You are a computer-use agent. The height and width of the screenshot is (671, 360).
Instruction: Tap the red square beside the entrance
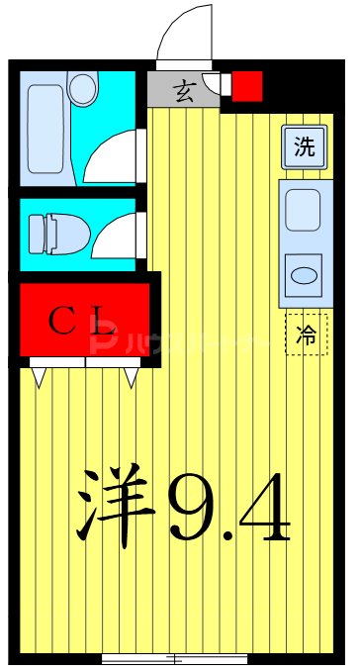pos(246,86)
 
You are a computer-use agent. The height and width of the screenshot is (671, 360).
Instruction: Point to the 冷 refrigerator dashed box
pos(306,335)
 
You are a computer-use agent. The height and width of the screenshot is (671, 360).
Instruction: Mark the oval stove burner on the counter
pos(303,271)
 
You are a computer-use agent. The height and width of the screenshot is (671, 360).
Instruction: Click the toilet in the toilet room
pos(55,234)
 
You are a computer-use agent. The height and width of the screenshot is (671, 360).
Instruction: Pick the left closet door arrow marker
pos(39,376)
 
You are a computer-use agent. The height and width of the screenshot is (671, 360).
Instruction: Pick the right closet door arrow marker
pos(130,376)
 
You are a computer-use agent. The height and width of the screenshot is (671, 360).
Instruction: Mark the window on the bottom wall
pos(174,658)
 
